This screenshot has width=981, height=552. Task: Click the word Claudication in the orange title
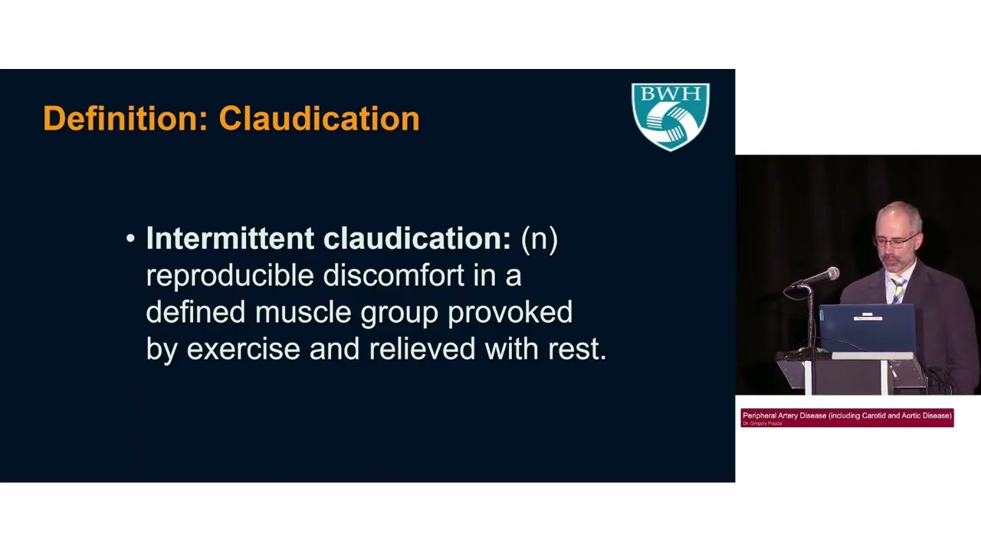click(319, 119)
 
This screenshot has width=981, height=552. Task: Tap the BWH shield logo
click(671, 117)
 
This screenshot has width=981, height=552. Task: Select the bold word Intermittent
click(231, 238)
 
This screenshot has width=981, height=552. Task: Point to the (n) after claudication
click(540, 238)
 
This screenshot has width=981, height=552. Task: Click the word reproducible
click(229, 276)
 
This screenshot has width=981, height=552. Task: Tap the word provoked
click(510, 313)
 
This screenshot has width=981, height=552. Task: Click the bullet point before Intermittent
click(130, 239)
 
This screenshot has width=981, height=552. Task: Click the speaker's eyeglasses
click(894, 242)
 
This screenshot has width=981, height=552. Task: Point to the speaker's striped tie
click(897, 289)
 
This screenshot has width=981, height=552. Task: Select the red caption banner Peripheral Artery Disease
click(847, 417)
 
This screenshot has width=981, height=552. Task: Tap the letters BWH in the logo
click(671, 96)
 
